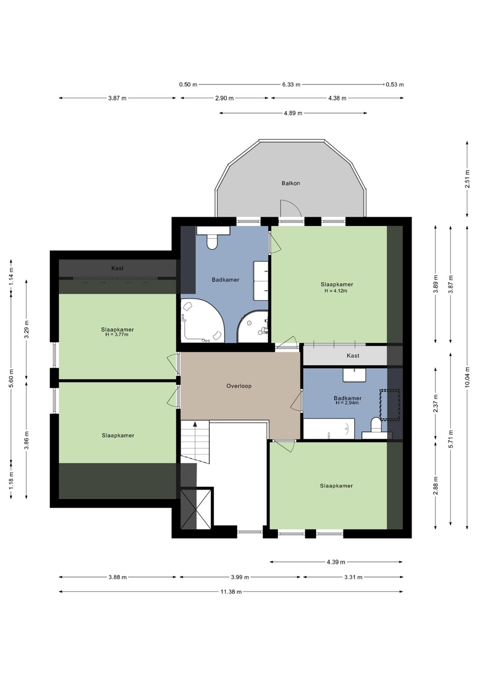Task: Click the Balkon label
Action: click(x=291, y=183)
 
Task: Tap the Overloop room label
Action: click(x=239, y=386)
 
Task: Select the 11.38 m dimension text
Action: click(x=231, y=592)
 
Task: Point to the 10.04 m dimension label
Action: click(x=467, y=377)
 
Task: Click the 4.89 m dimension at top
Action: click(x=293, y=113)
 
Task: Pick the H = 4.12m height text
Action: click(x=336, y=291)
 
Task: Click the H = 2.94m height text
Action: click(x=347, y=403)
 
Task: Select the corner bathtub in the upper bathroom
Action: click(x=201, y=321)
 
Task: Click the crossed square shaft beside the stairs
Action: click(x=196, y=509)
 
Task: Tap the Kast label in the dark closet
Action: click(x=117, y=268)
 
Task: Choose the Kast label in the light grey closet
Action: click(x=353, y=355)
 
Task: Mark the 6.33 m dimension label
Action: click(x=291, y=84)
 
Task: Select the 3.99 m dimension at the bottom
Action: click(x=240, y=577)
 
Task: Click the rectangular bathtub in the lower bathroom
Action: click(x=329, y=429)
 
